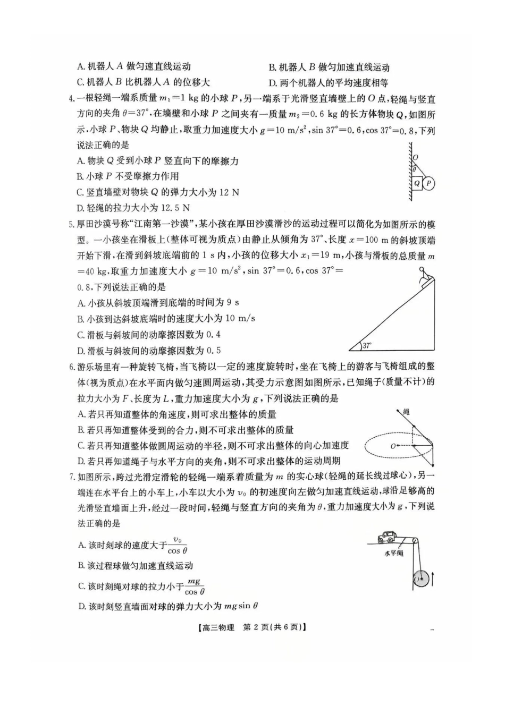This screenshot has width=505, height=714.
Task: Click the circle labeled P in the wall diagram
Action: click(429, 183)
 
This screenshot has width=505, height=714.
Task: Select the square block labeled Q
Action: click(417, 183)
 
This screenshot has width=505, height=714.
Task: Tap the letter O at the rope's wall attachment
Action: click(415, 157)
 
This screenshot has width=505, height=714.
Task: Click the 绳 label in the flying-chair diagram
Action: click(406, 412)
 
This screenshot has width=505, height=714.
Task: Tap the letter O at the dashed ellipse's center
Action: click(393, 446)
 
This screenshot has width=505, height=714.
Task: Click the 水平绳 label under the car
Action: click(393, 553)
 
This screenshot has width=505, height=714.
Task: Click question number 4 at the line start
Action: click(72, 99)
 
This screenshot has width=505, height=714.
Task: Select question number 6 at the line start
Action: click(72, 367)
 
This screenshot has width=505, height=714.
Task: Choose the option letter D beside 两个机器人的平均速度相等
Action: click(273, 83)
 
